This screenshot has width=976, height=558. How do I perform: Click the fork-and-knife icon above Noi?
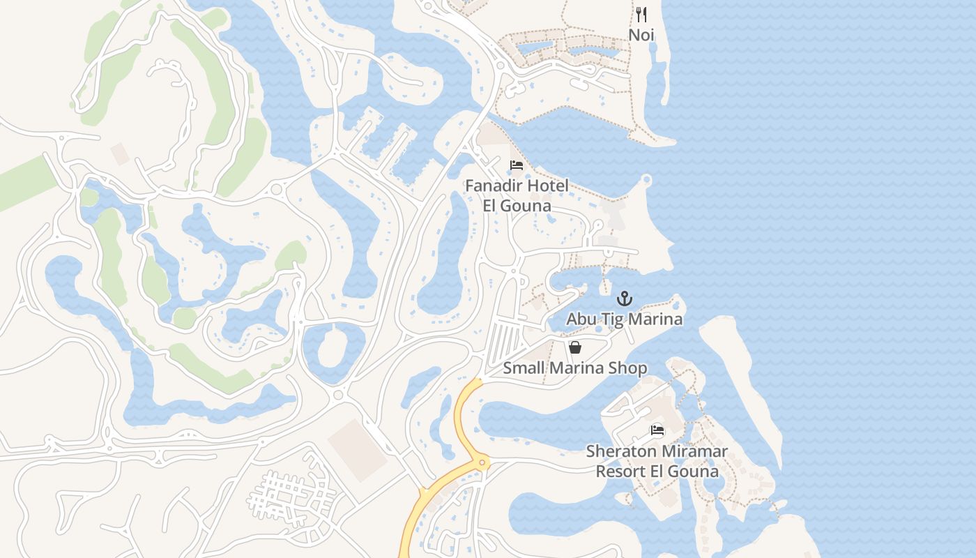pyautogui.click(x=641, y=14)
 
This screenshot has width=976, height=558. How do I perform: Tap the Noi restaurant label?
pyautogui.click(x=641, y=34)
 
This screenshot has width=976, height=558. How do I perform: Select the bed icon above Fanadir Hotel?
pyautogui.click(x=517, y=165)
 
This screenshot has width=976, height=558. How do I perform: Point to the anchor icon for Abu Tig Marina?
pyautogui.click(x=625, y=299)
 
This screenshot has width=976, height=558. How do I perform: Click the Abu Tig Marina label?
pyautogui.click(x=624, y=319)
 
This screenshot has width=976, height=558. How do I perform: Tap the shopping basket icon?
pyautogui.click(x=575, y=347)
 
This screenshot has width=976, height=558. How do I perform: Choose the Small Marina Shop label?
pyautogui.click(x=575, y=368)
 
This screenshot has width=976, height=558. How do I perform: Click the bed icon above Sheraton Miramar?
pyautogui.click(x=657, y=430)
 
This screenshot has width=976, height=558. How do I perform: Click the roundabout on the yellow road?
pyautogui.click(x=481, y=462)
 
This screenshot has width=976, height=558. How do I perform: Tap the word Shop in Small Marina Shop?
pyautogui.click(x=629, y=368)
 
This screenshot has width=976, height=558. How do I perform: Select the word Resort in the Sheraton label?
pyautogui.click(x=620, y=472)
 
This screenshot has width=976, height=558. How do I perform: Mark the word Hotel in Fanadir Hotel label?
pyautogui.click(x=548, y=186)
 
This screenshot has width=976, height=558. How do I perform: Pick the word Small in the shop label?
pyautogui.click(x=522, y=368)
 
